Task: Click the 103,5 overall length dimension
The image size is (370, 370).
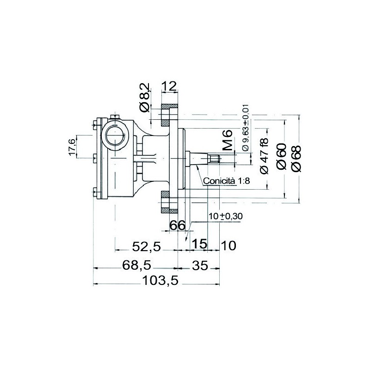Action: [x=160, y=281]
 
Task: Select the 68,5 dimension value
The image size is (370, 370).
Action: [x=137, y=265]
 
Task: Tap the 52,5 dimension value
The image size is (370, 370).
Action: [x=146, y=247]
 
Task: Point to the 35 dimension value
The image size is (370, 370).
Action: [x=200, y=265]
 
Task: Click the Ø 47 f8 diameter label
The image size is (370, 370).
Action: [x=264, y=156]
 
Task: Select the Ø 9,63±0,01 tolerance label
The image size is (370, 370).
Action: [x=246, y=128]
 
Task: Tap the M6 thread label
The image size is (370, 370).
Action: [x=228, y=140]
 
